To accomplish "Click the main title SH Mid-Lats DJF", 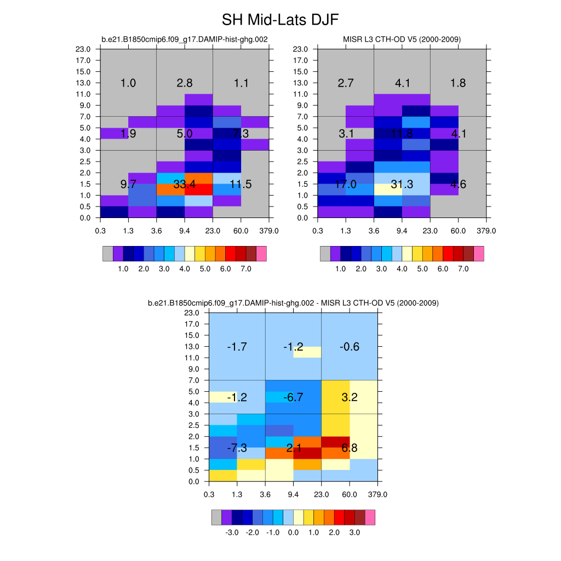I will click(280, 20).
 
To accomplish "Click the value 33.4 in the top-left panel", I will click(185, 185).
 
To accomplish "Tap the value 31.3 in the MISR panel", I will click(402, 185).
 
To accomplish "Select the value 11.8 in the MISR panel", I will click(402, 134).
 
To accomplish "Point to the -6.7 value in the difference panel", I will click(293, 397).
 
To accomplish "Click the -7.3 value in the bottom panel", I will click(237, 448).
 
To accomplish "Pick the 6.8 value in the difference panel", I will click(349, 448).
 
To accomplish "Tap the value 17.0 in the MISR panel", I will click(346, 185).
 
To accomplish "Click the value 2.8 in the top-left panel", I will click(185, 83).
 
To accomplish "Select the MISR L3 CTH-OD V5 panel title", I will click(402, 39).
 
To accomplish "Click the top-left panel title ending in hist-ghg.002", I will click(185, 39).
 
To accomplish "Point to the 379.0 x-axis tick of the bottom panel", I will click(377, 494).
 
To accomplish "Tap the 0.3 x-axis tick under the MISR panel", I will click(318, 231).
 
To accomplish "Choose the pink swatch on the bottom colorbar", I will click(370, 517).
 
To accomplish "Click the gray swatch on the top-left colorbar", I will click(108, 254).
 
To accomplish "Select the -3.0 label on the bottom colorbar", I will click(232, 533).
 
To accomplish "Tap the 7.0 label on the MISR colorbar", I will click(463, 269).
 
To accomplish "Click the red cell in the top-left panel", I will click(199, 190).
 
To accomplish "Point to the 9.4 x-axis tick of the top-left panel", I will click(185, 231).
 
